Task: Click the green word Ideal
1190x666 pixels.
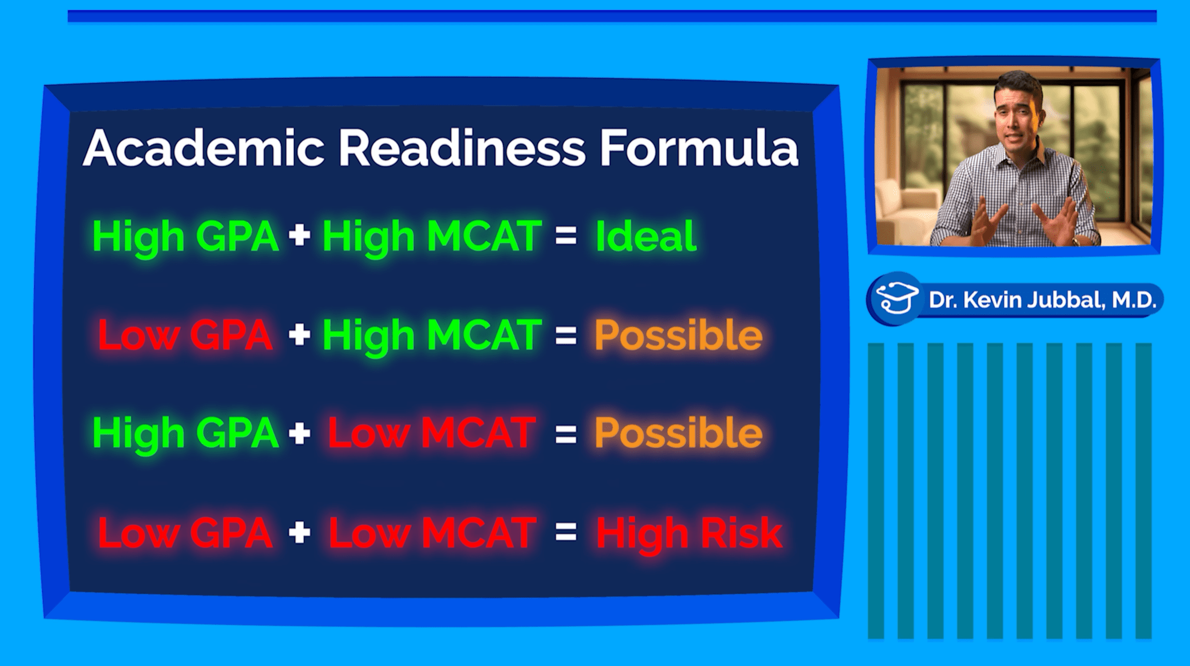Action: click(646, 236)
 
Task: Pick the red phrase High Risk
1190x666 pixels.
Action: click(689, 533)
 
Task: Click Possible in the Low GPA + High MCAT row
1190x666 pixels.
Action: click(678, 335)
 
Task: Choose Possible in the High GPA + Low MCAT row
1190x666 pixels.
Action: click(678, 433)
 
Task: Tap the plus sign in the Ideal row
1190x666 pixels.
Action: click(299, 236)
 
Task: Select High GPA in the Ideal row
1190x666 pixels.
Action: click(185, 237)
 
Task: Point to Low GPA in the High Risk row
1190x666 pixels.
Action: click(185, 533)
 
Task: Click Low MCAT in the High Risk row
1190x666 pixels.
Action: click(432, 533)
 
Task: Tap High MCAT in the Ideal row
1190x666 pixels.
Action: click(432, 237)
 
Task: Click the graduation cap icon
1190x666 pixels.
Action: click(897, 298)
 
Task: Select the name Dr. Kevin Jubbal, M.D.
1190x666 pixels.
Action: click(1042, 300)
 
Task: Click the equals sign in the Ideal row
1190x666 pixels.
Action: click(566, 235)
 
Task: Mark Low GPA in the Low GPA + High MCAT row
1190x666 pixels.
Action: click(185, 335)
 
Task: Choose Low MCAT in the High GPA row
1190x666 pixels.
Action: click(432, 433)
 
